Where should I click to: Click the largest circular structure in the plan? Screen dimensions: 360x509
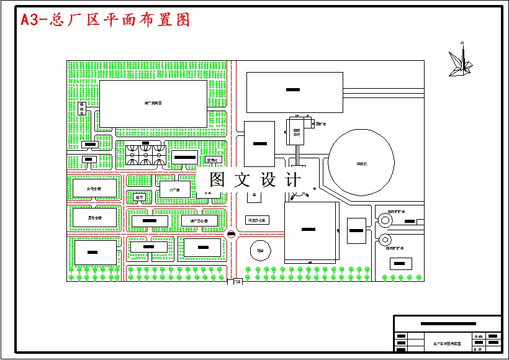click(x=361, y=163)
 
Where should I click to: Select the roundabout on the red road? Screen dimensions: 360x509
click(x=232, y=235)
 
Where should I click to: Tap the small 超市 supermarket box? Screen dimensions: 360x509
click(x=139, y=197)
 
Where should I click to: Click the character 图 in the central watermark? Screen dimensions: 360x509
click(x=217, y=180)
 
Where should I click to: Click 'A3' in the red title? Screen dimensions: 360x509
click(x=30, y=20)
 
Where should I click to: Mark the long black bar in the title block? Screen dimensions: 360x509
click(x=448, y=324)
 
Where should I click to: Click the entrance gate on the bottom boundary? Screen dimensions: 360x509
click(x=235, y=282)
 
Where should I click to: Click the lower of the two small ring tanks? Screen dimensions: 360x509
click(x=384, y=240)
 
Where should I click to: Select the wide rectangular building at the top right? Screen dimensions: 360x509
click(x=294, y=92)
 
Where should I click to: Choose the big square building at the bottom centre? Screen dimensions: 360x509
click(x=310, y=232)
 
